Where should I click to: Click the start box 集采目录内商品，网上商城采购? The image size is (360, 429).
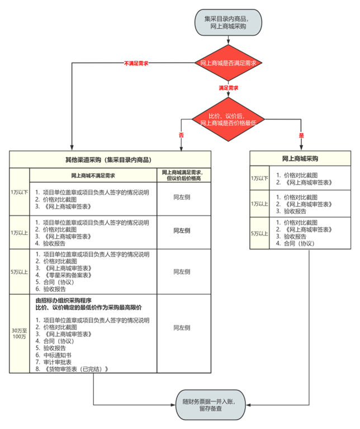click(x=228, y=22)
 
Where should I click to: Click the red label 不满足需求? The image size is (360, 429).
click(x=136, y=63)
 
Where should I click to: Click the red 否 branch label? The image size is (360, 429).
click(x=181, y=135)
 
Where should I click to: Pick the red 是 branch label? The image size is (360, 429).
click(x=301, y=135)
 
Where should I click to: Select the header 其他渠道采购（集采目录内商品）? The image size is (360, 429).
click(x=110, y=159)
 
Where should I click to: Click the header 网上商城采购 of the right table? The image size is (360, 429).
click(x=301, y=159)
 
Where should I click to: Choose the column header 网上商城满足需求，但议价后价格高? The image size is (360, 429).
click(x=182, y=176)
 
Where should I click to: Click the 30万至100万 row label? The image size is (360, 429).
click(x=19, y=333)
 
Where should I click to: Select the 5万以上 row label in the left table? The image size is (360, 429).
click(x=19, y=271)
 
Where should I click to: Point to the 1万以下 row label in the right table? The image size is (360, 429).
click(x=259, y=178)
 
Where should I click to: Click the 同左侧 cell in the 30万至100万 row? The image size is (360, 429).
click(x=182, y=327)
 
